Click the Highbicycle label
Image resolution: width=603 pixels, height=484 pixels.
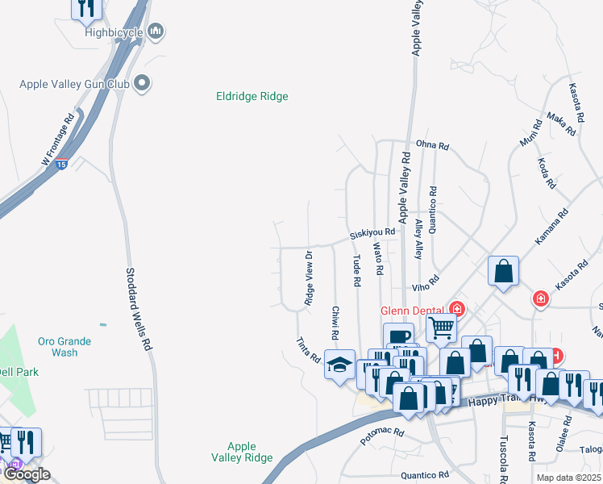click(114, 32)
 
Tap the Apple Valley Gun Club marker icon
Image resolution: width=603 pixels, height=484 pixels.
click(143, 82)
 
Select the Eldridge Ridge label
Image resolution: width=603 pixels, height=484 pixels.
click(252, 96)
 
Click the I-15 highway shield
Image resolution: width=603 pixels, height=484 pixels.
click(62, 164)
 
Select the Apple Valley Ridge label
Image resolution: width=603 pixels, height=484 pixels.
click(242, 452)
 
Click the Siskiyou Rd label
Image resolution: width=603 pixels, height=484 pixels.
click(372, 233)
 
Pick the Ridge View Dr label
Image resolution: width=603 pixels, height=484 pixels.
click(309, 278)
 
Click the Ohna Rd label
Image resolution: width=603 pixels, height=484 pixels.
click(432, 146)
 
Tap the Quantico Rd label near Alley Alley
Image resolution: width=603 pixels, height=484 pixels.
click(433, 210)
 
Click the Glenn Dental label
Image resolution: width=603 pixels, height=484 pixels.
click(414, 310)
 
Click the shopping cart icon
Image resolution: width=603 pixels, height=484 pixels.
click(441, 328)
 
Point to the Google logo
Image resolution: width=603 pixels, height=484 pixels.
click(26, 474)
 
